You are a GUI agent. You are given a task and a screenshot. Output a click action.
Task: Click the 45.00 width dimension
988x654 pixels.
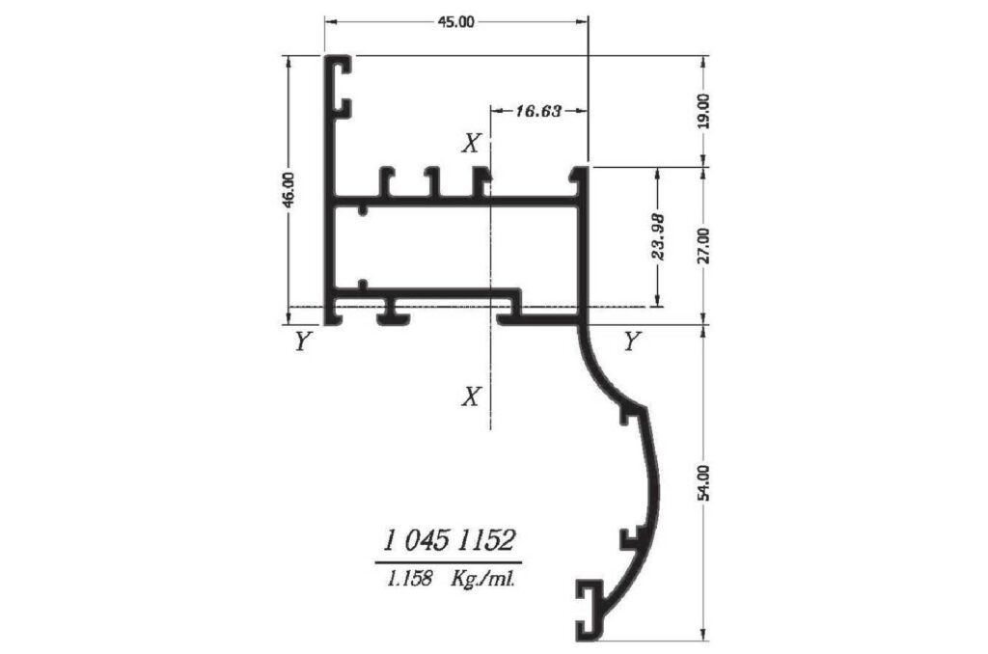[x=456, y=22]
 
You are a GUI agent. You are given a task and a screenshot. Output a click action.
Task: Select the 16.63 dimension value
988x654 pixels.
[x=538, y=112]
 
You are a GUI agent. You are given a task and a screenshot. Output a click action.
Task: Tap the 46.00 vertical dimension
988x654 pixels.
[x=288, y=190]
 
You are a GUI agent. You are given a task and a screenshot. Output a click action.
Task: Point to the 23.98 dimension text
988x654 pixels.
[x=658, y=237]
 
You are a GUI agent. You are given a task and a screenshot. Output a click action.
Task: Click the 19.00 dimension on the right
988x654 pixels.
[x=703, y=112]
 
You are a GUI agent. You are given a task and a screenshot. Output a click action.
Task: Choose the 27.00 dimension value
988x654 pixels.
[x=703, y=246]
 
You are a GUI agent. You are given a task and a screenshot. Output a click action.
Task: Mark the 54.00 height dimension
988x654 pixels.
[x=703, y=482]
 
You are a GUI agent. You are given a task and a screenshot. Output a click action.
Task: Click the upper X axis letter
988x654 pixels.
[x=471, y=144]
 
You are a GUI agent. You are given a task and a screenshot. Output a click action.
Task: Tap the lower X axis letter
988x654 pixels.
[x=471, y=396]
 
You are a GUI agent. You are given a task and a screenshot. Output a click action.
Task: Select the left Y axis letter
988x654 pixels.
[x=302, y=341]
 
